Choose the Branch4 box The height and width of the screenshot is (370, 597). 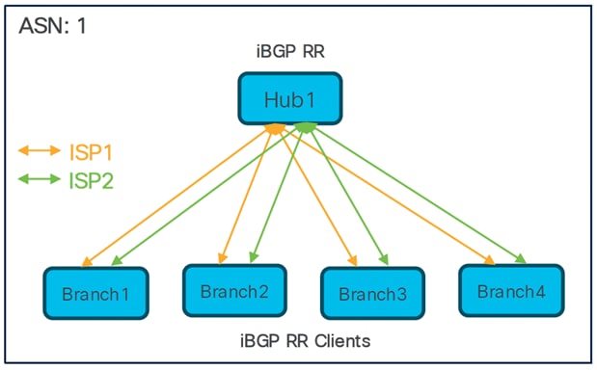(x=510, y=290)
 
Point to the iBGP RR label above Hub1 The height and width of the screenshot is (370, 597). (x=290, y=53)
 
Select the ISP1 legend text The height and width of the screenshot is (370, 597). (x=92, y=151)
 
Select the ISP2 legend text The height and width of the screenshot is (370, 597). (x=92, y=180)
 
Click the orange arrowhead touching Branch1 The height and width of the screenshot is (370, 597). (x=86, y=263)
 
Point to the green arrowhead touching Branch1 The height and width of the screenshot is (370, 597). (x=116, y=262)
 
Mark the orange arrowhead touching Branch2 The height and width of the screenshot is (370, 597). (x=224, y=259)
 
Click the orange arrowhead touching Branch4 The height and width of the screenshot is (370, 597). (x=492, y=259)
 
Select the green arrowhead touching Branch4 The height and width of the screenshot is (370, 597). (x=522, y=259)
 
